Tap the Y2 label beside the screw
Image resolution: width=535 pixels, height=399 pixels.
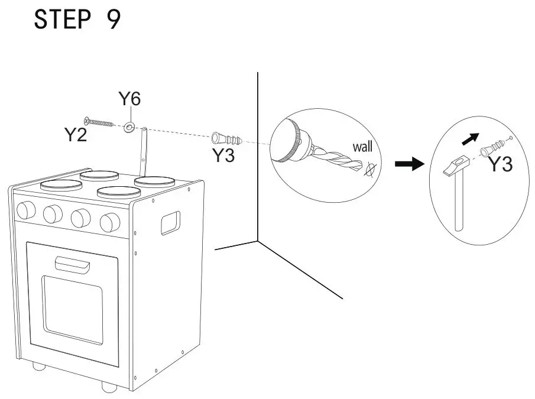click(x=76, y=135)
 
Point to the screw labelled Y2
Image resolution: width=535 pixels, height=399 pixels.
click(x=98, y=122)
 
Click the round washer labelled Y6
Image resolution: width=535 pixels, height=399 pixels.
click(x=129, y=126)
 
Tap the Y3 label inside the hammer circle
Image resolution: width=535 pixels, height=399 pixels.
click(x=500, y=165)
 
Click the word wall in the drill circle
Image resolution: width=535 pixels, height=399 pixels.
click(x=362, y=147)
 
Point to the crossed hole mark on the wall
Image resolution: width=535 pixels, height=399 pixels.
click(x=371, y=171)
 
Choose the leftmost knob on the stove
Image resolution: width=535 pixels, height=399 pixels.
click(x=26, y=209)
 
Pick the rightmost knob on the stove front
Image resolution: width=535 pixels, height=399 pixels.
click(x=110, y=222)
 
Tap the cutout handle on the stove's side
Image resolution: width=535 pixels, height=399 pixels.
click(x=170, y=223)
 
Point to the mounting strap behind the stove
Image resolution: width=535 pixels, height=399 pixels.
click(x=143, y=151)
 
